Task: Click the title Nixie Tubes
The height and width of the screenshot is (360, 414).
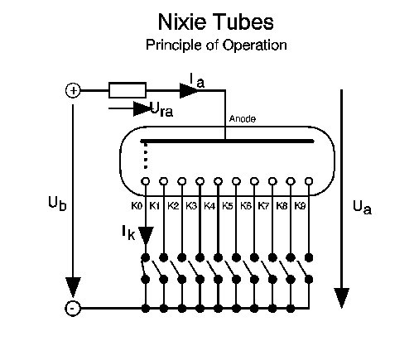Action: [216, 22]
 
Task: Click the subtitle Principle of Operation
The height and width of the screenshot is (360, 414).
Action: [216, 45]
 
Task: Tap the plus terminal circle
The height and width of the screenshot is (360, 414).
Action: [73, 90]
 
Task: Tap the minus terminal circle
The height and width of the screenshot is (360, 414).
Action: [73, 308]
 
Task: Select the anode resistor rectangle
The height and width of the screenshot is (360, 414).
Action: [128, 90]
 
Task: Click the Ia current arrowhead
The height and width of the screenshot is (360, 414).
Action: [189, 90]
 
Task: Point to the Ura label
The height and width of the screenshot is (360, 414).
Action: [161, 109]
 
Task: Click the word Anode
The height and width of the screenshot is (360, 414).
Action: [243, 119]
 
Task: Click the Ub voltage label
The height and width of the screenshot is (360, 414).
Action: [57, 204]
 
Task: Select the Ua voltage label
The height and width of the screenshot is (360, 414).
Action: [362, 208]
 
